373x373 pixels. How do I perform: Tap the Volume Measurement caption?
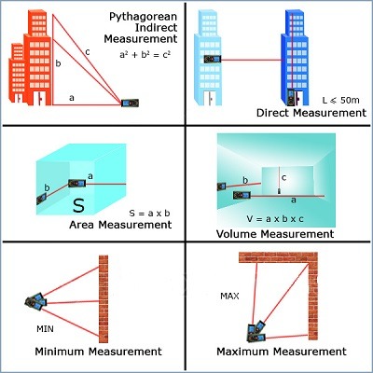tap(274, 234)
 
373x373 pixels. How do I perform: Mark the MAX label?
tap(230, 297)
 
